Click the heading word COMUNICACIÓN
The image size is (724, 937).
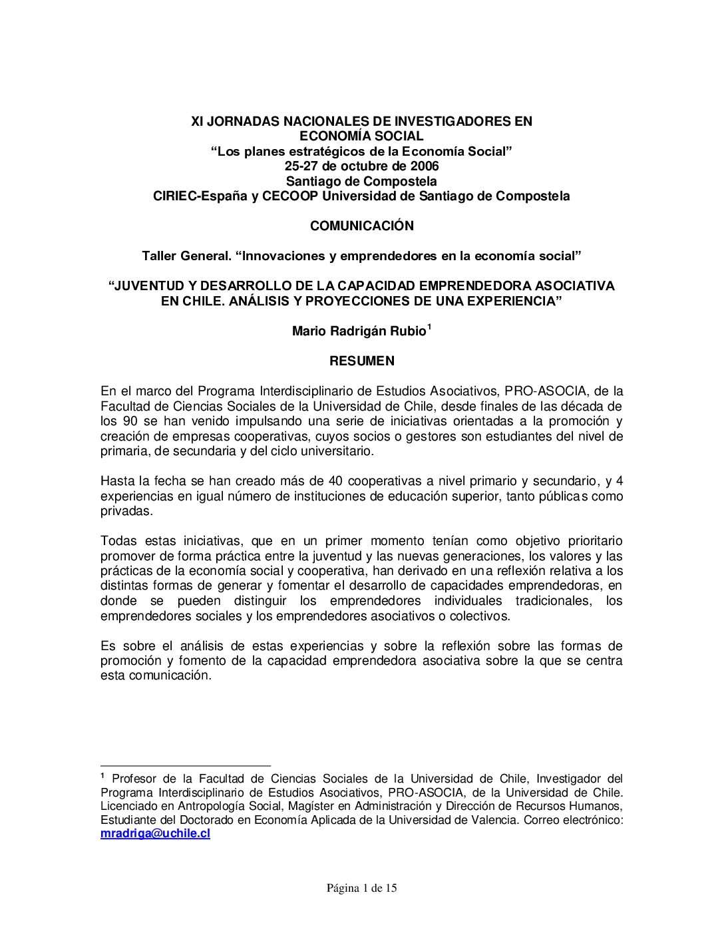coord(361,226)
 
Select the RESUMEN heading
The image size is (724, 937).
coord(361,361)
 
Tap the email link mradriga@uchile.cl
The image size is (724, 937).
coord(155,833)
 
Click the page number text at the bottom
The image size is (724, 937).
coord(361,888)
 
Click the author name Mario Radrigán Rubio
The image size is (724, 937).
coord(359,331)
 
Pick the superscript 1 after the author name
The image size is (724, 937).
coord(429,327)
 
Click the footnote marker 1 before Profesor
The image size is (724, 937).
coord(103,776)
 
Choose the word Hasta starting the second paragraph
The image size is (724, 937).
coord(116,481)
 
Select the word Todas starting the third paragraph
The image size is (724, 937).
coord(117,541)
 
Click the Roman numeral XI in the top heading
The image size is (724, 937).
coord(197,122)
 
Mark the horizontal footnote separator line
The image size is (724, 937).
coord(186,766)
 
